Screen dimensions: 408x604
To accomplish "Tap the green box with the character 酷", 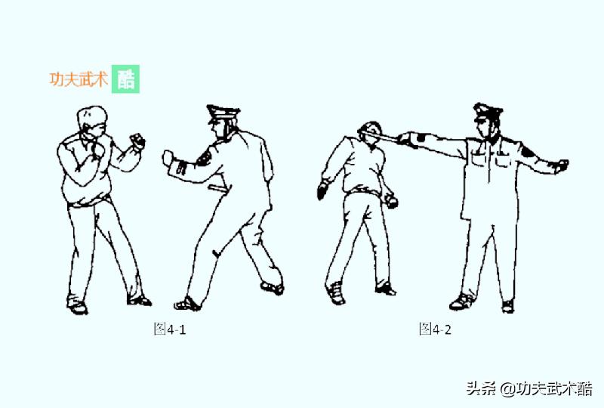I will [x=126, y=79].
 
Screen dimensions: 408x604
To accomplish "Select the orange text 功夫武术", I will [x=79, y=80].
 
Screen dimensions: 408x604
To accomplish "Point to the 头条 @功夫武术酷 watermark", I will [x=528, y=388].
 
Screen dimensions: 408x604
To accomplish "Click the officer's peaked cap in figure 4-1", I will [x=223, y=114].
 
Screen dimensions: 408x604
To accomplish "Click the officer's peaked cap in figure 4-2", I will [x=488, y=111].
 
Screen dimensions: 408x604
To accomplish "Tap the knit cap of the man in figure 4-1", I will [x=91, y=115].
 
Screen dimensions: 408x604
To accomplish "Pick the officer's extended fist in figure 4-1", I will [x=168, y=157].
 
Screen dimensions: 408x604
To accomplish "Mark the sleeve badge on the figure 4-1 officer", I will [x=203, y=156].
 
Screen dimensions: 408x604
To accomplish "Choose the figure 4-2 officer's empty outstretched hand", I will [x=559, y=165].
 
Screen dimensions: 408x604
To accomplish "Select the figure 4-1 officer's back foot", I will [x=272, y=287].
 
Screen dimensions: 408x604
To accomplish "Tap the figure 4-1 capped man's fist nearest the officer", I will [x=137, y=141].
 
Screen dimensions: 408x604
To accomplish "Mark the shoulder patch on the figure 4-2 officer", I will [x=526, y=152].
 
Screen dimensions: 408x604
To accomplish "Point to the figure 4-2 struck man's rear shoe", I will [x=335, y=293].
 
